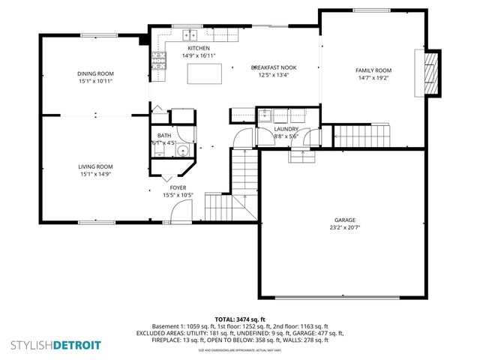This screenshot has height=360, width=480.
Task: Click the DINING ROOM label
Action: [94, 73]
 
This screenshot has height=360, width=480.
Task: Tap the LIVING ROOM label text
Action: [94, 166]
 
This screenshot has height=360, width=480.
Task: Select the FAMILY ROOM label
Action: [373, 70]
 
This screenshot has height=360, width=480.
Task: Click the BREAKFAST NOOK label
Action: [273, 67]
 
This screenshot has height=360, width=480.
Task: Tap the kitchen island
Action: [205, 73]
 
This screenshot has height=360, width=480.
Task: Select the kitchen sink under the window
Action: [190, 34]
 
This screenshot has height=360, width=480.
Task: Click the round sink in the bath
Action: [180, 150]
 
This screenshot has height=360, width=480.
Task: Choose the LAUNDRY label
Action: [286, 129]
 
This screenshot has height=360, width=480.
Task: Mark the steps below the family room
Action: [362, 136]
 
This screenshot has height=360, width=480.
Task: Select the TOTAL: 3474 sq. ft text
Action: [240, 319]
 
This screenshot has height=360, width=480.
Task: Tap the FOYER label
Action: [178, 187]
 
